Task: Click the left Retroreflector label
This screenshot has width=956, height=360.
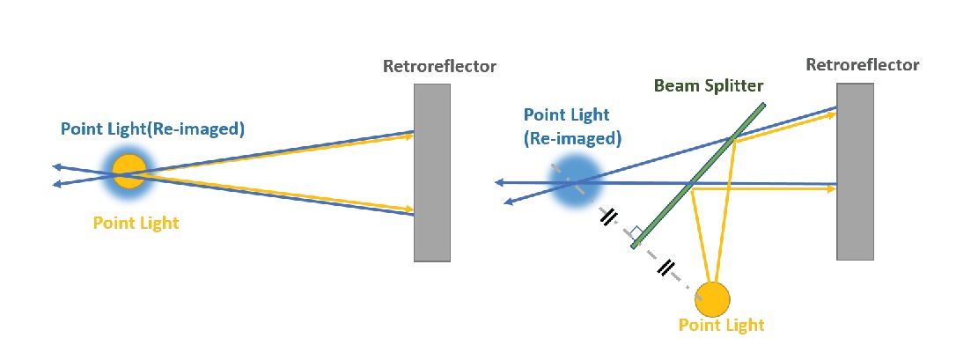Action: tap(439, 66)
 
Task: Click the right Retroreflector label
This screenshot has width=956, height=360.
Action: tap(862, 64)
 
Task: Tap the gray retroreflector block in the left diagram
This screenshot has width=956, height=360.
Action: tap(432, 173)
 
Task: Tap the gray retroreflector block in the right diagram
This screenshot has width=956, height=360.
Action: tap(855, 172)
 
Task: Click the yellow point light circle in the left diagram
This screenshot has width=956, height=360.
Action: tap(129, 171)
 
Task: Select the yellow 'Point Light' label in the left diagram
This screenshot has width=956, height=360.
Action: tap(136, 223)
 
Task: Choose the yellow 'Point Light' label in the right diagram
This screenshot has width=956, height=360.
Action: tap(721, 325)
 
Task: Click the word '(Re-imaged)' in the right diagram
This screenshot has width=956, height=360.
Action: tap(573, 138)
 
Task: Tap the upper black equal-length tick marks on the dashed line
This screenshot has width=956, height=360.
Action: tap(608, 217)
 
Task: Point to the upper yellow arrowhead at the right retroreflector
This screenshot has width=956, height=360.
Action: tap(831, 114)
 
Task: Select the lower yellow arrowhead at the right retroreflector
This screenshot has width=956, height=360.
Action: tap(831, 188)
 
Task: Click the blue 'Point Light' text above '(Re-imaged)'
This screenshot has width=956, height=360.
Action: tap(566, 115)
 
